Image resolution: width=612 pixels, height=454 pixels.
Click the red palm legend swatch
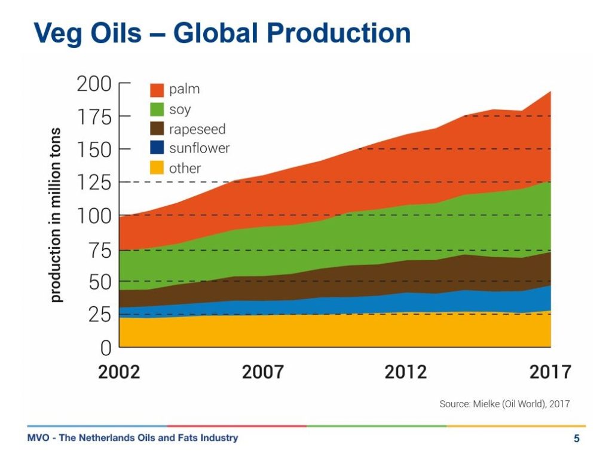coord(157,90)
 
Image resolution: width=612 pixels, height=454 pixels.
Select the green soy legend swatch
coord(157,109)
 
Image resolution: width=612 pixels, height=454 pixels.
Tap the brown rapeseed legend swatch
coord(157,129)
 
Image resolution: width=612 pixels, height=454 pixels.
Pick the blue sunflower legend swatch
coord(157,148)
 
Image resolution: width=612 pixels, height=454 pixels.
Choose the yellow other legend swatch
coord(157,168)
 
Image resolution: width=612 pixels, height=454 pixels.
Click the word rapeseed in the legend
coord(197,129)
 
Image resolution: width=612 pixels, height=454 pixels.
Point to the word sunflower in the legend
coord(199,148)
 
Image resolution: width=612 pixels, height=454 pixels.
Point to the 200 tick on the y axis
coord(94,84)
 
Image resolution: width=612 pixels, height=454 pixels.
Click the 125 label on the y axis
coord(94,182)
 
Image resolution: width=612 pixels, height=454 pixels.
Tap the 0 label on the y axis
coord(106,348)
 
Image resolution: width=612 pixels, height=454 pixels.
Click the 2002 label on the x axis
coord(119,372)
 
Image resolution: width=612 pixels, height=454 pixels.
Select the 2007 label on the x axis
coord(262,372)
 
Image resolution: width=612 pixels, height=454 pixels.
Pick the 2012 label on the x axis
coord(406,372)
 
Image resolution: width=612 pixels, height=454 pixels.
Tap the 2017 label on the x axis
coord(550,372)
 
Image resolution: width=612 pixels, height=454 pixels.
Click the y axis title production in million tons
coord(56,215)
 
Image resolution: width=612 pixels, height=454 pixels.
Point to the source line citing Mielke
coord(504,404)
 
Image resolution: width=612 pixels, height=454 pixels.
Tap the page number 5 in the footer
coord(576,438)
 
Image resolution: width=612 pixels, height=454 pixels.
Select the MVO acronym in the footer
coord(39,438)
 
